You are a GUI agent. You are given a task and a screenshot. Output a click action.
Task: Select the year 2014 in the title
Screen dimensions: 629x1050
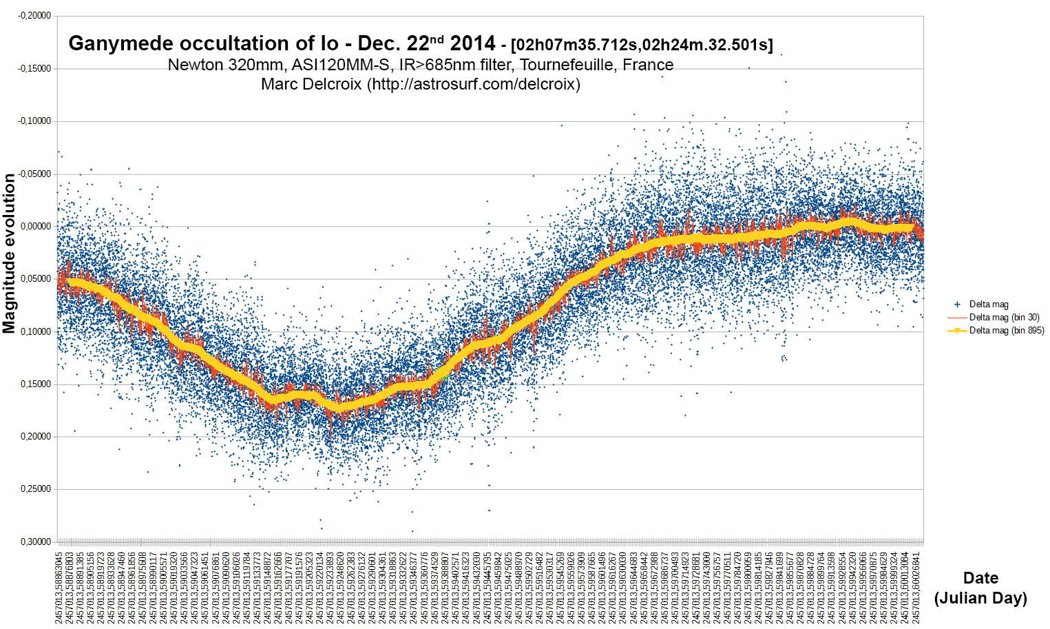tap(472, 44)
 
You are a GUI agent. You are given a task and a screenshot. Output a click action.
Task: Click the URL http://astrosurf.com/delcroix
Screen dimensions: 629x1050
tap(474, 84)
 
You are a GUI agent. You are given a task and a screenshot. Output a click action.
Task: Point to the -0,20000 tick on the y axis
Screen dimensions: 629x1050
tap(34, 16)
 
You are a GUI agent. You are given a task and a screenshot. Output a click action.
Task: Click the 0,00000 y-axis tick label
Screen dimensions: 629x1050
tap(36, 227)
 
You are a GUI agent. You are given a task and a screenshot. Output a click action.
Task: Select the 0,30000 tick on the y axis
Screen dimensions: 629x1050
tap(36, 542)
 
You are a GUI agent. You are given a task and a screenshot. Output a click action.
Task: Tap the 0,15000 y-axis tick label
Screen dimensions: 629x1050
tap(36, 384)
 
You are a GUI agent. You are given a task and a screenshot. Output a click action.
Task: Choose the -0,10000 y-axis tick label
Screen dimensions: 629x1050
tap(34, 121)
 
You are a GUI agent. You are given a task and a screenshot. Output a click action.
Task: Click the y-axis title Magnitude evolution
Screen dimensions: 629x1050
tap(9, 254)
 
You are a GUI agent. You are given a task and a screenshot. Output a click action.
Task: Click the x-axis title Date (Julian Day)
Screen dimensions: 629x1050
tap(980, 588)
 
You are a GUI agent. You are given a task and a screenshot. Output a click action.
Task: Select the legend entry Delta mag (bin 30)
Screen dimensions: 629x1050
tap(1004, 318)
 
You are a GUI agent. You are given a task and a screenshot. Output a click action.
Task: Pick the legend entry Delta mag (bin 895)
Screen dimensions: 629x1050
tap(1006, 331)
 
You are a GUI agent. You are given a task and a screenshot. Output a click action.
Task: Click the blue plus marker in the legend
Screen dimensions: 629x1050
tap(957, 305)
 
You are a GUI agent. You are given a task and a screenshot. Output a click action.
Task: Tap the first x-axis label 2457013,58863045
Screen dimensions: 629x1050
tap(59, 587)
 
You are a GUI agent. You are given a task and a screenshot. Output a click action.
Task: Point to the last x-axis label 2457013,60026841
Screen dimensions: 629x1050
tap(916, 587)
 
